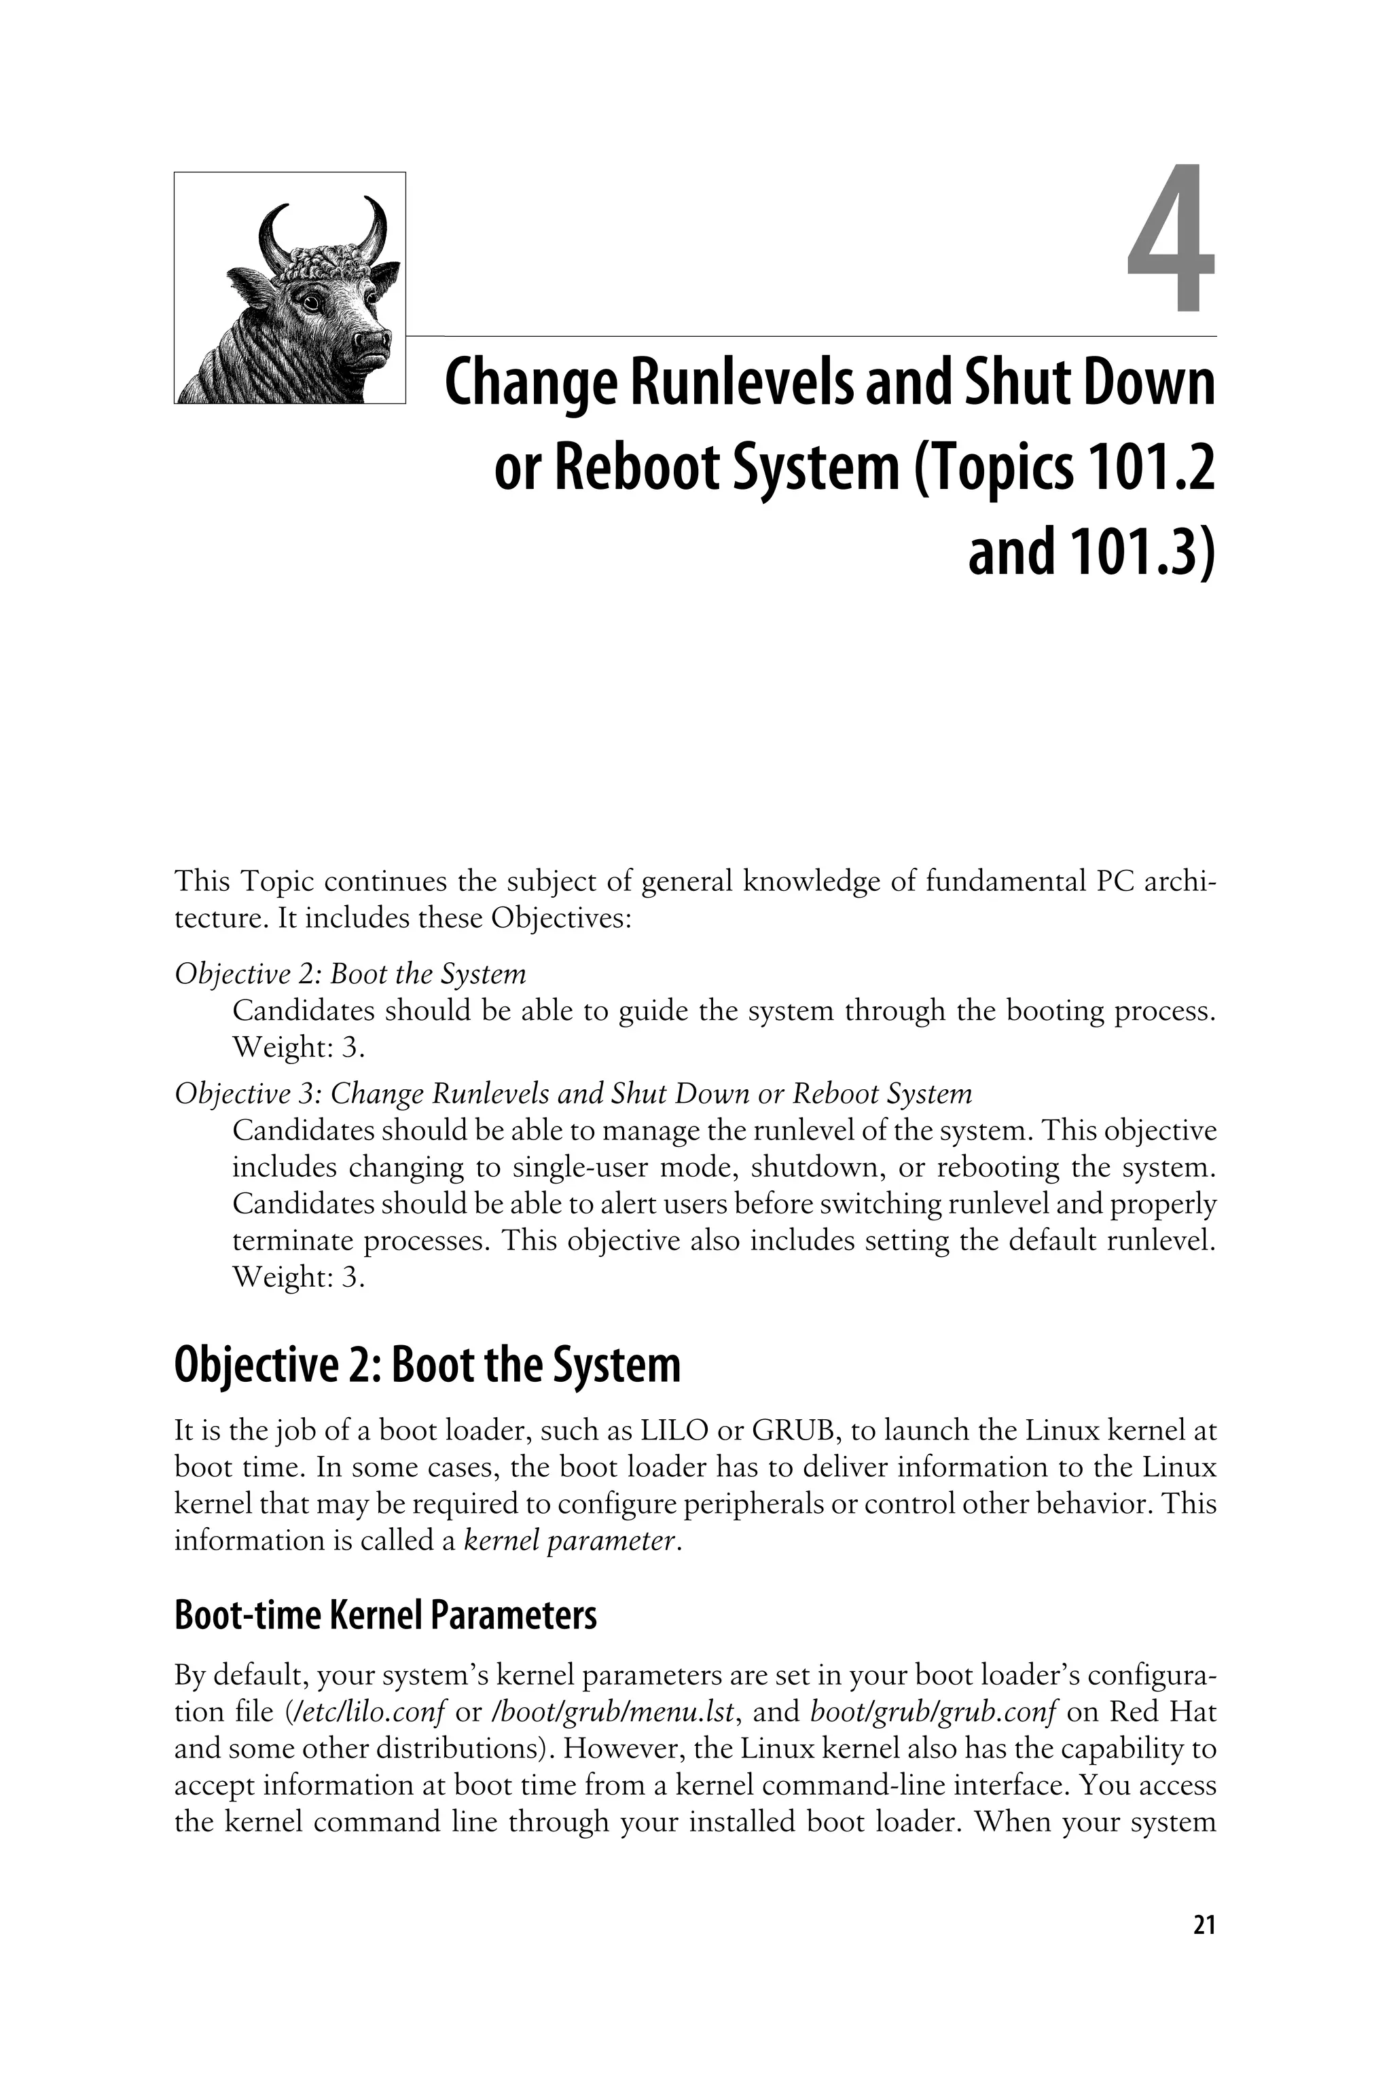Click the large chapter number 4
coord(1171,240)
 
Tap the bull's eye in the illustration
coord(310,301)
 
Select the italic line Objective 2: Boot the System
coord(350,974)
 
